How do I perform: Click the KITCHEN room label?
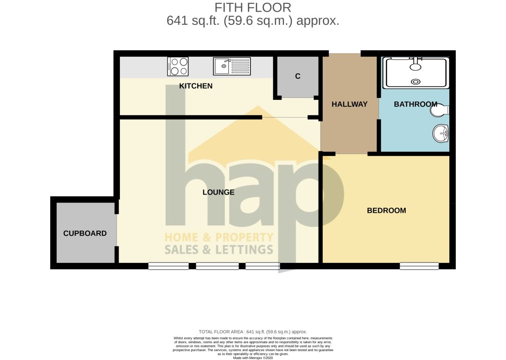(196, 86)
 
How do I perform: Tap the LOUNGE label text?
(218, 192)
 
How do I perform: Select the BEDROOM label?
(386, 211)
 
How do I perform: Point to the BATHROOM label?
(415, 105)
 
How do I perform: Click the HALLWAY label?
(350, 105)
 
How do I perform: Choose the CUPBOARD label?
(85, 233)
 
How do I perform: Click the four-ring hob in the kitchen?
(178, 67)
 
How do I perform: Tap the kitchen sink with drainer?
(232, 66)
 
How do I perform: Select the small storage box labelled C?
(298, 77)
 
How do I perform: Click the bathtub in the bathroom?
(416, 73)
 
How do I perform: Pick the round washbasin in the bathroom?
(441, 133)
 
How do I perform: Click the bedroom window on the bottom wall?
(419, 266)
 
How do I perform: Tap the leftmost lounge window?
(168, 266)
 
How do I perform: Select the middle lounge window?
(217, 266)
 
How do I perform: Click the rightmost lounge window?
(262, 266)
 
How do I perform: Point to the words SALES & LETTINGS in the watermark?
(218, 249)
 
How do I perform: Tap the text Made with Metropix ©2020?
(253, 358)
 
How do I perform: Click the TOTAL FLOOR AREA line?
(253, 332)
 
